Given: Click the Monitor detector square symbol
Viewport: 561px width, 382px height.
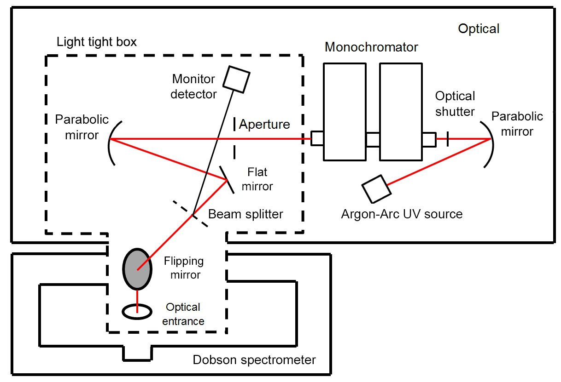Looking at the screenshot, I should [x=236, y=79].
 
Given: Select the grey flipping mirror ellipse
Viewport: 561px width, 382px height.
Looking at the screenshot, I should [x=137, y=269].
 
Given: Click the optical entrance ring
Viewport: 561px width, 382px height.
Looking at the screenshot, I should [x=137, y=311].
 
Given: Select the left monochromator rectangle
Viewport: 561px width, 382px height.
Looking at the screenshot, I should [x=345, y=112].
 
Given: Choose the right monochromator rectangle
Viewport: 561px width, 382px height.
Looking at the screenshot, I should [x=401, y=112].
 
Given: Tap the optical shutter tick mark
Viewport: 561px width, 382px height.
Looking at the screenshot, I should [x=448, y=139].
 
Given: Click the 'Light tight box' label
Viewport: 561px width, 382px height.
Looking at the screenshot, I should [x=97, y=42].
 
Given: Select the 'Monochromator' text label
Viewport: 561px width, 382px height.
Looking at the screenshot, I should [x=371, y=47].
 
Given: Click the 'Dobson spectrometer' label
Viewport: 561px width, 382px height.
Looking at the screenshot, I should [x=254, y=359].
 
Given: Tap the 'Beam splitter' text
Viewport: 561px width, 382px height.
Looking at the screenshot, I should [x=245, y=214].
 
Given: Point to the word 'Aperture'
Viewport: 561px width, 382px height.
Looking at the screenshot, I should [x=264, y=124].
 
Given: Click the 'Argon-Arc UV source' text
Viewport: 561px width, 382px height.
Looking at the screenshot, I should [x=402, y=214].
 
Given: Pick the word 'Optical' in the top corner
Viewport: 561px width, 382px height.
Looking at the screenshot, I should [x=479, y=29].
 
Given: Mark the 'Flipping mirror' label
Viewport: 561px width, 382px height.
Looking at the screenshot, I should [x=183, y=268].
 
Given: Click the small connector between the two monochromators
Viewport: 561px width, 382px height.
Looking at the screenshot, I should [x=373, y=139].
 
